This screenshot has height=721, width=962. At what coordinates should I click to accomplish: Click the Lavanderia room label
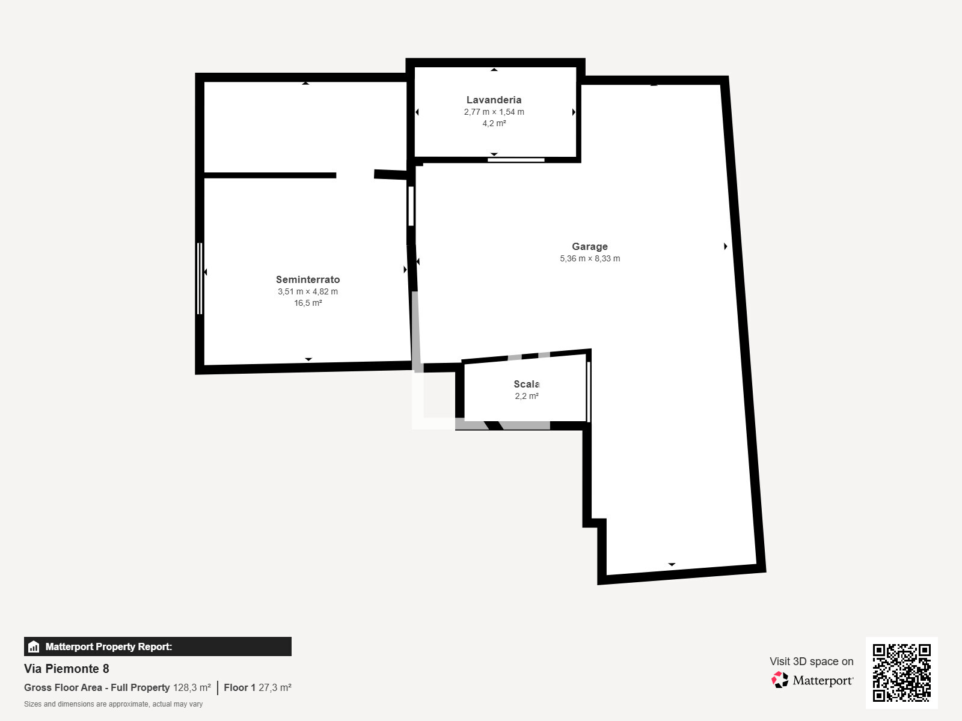[494, 100]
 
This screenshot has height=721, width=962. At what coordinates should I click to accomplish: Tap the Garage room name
[589, 246]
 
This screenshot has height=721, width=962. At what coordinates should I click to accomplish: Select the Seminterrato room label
[308, 279]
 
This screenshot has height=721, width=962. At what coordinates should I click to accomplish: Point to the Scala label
[526, 384]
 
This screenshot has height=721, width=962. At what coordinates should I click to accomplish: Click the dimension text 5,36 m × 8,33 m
[590, 258]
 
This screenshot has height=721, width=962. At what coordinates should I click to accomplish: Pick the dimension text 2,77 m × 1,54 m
[494, 112]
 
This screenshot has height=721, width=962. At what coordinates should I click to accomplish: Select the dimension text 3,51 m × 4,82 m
[308, 291]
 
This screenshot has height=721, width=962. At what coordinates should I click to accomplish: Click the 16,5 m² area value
[308, 303]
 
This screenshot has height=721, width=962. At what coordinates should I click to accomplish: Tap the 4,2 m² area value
[494, 123]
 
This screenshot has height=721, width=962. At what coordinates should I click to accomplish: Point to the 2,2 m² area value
[526, 396]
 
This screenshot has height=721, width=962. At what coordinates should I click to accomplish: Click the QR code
[901, 672]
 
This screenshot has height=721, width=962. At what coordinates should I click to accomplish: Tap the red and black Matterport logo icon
[780, 680]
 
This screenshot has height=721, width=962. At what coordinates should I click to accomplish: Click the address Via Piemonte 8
[67, 669]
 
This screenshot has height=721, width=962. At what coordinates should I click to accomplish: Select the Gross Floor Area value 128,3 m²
[192, 687]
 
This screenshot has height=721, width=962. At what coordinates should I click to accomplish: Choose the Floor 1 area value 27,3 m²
[275, 687]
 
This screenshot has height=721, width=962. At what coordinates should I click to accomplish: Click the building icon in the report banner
[34, 646]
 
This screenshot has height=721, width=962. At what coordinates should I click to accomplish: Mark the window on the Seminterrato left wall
[200, 278]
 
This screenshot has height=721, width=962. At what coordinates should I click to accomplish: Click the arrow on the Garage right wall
[726, 246]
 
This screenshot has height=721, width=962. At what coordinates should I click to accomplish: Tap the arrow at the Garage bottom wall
[672, 564]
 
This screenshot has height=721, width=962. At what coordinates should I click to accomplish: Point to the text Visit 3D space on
[811, 661]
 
